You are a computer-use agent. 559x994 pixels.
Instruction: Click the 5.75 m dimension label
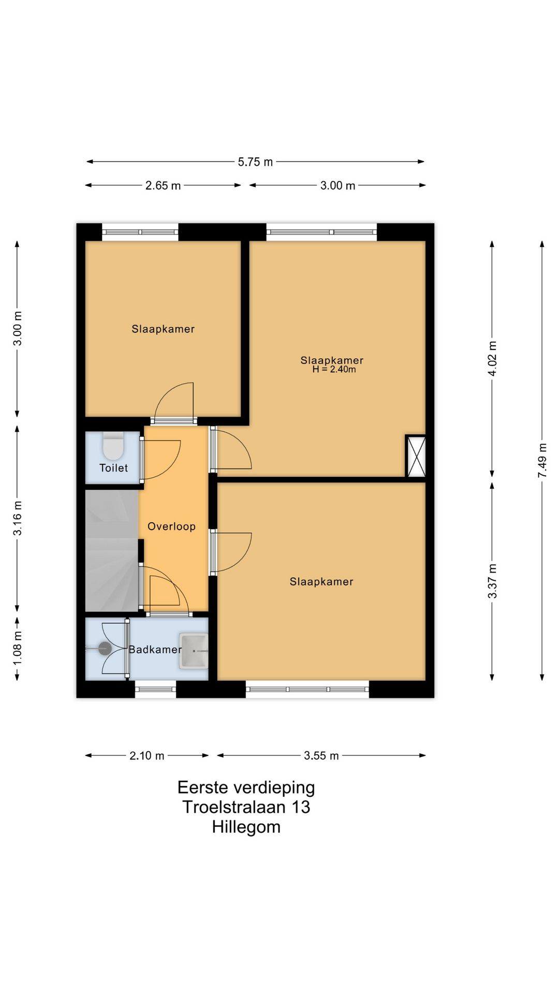(x=255, y=162)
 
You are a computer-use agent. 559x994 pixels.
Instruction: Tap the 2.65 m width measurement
(x=163, y=185)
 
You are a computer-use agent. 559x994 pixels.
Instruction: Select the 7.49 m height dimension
(x=542, y=460)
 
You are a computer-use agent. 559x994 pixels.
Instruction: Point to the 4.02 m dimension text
(x=492, y=358)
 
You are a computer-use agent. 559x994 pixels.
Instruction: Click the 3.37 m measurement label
(x=492, y=581)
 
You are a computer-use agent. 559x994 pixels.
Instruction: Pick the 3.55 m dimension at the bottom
(x=321, y=756)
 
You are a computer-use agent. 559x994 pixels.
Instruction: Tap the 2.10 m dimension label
(x=147, y=756)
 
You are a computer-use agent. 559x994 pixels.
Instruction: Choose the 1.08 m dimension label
(x=17, y=648)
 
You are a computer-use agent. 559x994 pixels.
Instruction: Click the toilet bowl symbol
(x=113, y=446)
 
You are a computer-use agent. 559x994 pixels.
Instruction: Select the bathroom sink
(x=194, y=650)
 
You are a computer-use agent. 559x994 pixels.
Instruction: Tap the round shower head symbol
(x=105, y=648)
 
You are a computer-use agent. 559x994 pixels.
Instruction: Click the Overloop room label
(x=171, y=527)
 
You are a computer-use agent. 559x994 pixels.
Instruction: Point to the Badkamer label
(x=155, y=649)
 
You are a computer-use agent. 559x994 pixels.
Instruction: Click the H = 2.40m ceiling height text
(x=334, y=370)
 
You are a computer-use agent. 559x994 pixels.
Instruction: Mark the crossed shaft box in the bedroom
(x=416, y=456)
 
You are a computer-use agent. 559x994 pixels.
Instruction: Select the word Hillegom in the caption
(x=246, y=827)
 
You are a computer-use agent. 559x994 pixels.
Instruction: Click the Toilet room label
(x=113, y=468)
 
